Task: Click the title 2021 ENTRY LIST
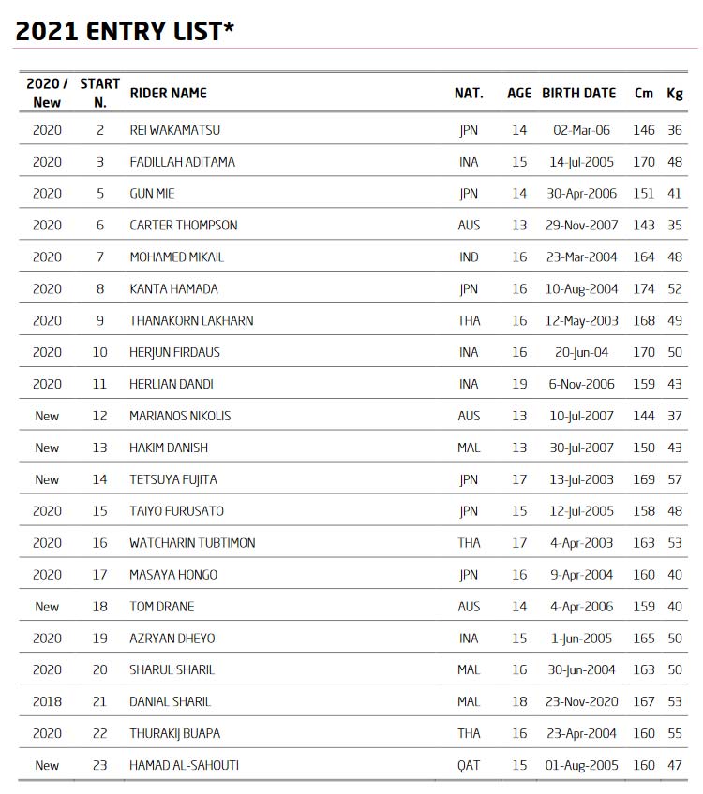124,31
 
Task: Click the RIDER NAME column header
168,93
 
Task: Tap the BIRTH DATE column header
578,93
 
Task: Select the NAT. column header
469,93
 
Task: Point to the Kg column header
674,93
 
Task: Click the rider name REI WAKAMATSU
174,130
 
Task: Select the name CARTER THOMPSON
183,225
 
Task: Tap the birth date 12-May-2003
581,320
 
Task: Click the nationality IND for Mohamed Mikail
469,257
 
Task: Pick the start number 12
99,416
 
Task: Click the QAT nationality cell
469,765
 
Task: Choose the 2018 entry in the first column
47,701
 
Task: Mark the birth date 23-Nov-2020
581,701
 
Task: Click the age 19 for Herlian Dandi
519,384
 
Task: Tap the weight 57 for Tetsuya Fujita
675,479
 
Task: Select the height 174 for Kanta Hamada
644,288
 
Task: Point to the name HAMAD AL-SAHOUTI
184,765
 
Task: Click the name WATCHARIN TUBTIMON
192,542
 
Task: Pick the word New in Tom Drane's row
47,606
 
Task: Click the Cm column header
644,93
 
